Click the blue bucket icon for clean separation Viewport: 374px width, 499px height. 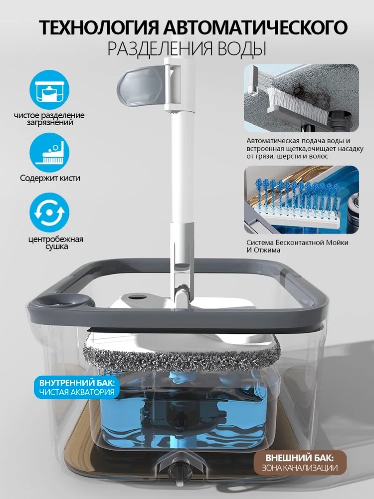49,90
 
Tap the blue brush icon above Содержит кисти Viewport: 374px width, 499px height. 49,153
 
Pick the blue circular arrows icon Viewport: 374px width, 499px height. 49,212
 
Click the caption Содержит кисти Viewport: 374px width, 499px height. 50,178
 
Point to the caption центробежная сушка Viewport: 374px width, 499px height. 56,243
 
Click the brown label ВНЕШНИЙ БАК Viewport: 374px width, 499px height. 300,463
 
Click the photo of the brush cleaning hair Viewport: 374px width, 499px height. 302,98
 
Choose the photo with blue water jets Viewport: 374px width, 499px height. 302,200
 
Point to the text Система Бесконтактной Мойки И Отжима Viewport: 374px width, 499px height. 297,247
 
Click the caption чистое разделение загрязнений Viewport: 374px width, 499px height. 49,119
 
